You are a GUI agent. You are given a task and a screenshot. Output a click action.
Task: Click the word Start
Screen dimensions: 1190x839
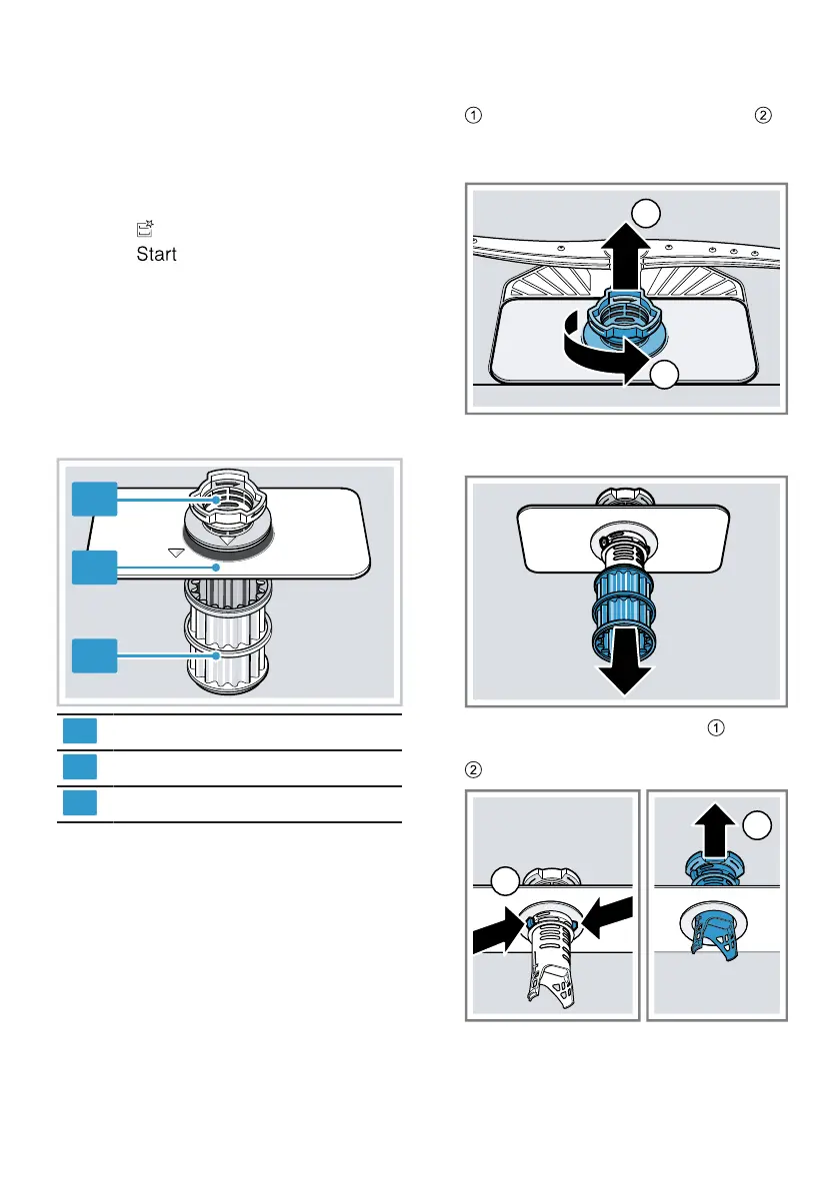156,254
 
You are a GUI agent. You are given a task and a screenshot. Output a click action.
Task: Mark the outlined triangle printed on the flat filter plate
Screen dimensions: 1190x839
177,552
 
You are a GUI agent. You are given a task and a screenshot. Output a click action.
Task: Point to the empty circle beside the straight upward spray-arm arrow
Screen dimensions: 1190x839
645,213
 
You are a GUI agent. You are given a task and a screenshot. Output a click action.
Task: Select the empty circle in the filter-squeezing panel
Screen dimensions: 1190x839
507,880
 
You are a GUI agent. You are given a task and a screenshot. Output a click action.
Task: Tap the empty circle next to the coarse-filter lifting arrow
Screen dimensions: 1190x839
758,826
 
